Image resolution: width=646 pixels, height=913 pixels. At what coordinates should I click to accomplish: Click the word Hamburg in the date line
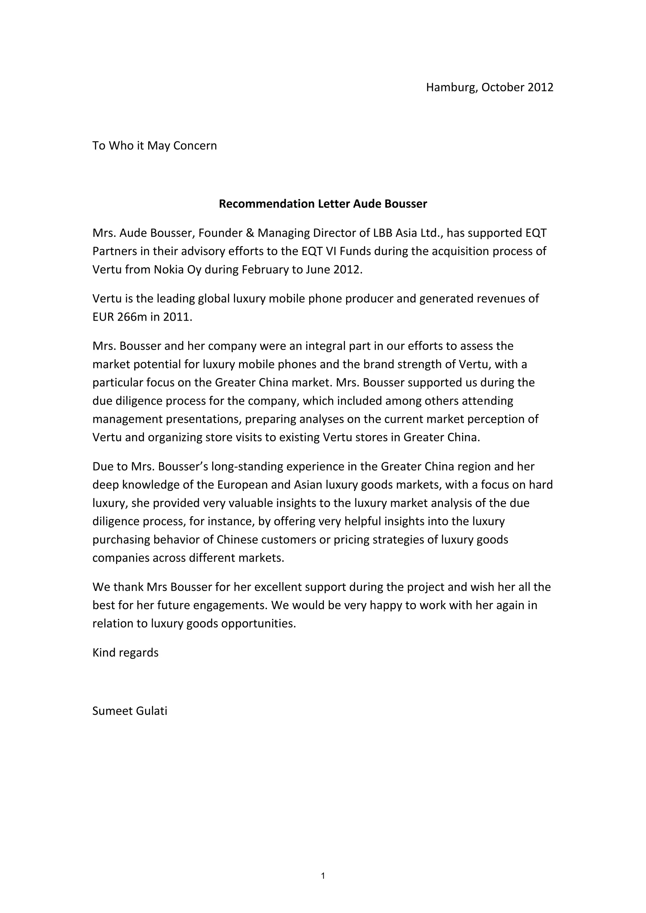[x=451, y=87]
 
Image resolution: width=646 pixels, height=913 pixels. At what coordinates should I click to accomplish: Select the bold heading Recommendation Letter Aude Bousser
[x=323, y=204]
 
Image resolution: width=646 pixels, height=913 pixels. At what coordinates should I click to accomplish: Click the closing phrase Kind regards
[x=125, y=653]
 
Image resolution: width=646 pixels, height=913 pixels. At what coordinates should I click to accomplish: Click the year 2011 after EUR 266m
[x=177, y=317]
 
